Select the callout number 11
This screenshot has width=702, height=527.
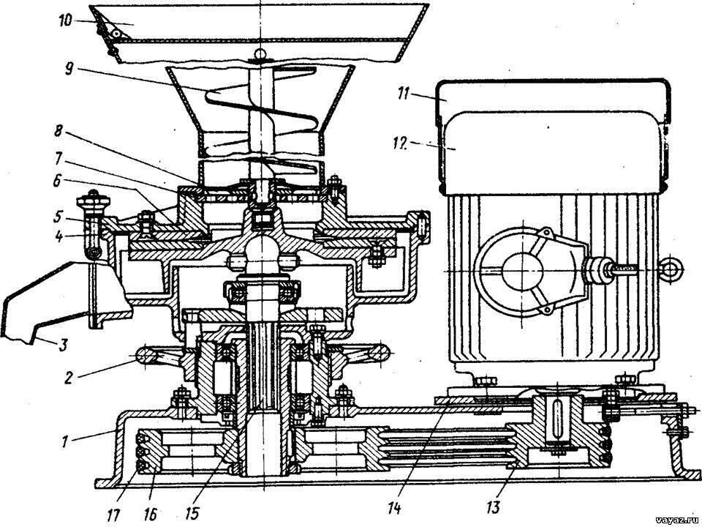click(404, 94)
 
